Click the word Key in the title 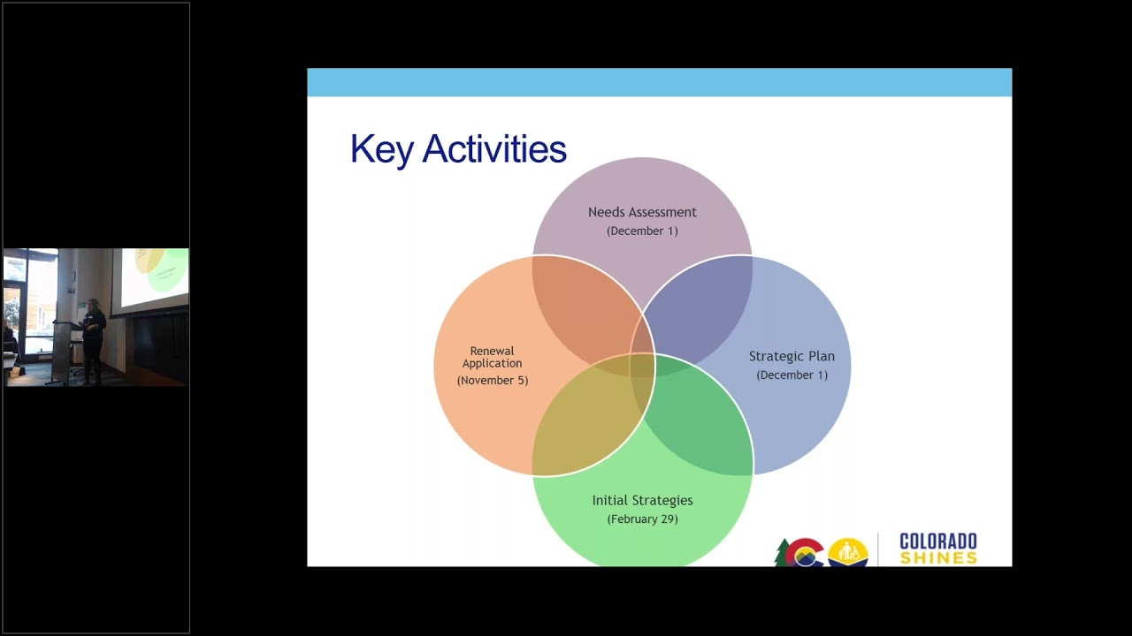[381, 149]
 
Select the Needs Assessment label [642, 212]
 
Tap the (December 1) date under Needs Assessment [642, 231]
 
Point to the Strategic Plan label [792, 356]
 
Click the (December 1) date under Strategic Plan [792, 375]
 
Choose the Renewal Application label [493, 357]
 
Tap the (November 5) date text [493, 380]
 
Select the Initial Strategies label [642, 500]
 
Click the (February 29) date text [642, 519]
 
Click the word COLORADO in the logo [937, 541]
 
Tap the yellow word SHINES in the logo [937, 557]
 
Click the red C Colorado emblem [804, 553]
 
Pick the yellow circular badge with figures [847, 553]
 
